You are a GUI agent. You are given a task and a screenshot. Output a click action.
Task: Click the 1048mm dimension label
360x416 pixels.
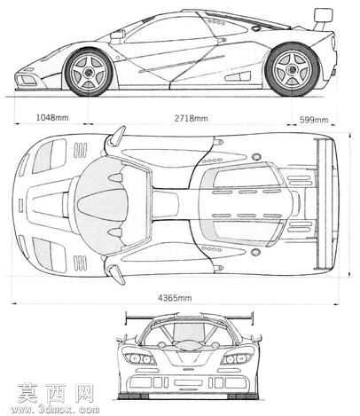(52, 117)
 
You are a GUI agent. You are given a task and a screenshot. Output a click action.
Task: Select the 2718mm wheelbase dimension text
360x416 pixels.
(191, 118)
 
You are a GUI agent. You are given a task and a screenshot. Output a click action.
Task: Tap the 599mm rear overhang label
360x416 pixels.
(314, 120)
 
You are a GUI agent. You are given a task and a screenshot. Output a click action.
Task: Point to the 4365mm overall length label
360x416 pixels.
(175, 297)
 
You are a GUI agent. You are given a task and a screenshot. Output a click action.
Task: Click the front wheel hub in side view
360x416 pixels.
(88, 72)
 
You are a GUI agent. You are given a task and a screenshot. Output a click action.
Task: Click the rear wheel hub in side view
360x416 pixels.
(292, 70)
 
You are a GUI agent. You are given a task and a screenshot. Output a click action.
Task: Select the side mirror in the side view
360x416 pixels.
(117, 35)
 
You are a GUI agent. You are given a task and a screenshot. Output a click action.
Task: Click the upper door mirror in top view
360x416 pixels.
(116, 136)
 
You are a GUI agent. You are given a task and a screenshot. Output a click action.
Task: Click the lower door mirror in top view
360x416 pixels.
(116, 274)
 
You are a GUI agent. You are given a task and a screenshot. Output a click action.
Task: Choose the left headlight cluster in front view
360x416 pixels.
(139, 358)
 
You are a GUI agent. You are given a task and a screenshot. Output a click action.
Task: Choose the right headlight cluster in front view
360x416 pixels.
(237, 358)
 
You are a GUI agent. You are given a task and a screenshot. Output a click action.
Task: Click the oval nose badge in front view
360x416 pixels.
(188, 345)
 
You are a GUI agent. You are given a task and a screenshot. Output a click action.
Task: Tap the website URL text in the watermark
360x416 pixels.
(55, 409)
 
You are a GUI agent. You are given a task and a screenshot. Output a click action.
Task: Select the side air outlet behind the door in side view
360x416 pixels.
(238, 76)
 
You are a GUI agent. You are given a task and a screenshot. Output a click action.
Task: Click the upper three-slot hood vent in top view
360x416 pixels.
(80, 151)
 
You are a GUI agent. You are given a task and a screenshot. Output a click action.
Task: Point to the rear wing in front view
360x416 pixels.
(190, 318)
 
